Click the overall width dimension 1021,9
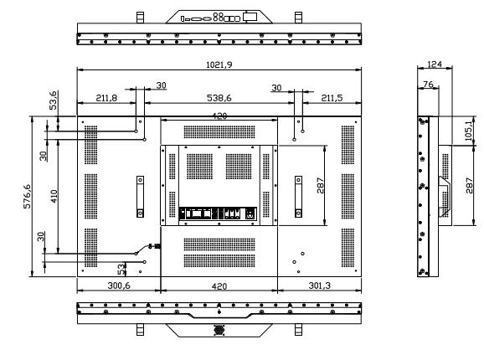point(219,64)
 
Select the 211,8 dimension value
point(106,98)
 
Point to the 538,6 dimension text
point(219,98)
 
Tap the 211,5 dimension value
point(332,98)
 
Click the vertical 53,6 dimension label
point(53,100)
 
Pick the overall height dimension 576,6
point(27,196)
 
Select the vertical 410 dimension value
point(54,196)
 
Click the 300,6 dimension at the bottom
point(119,285)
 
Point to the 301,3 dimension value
point(320,285)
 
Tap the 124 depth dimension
point(435,64)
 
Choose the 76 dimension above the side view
point(428,84)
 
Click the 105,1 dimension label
point(468,130)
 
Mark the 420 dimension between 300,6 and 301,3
point(219,286)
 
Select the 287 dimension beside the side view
point(469,185)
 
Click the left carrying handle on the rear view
point(140,197)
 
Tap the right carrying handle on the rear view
point(298,197)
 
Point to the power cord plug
point(155,246)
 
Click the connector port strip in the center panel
point(218,213)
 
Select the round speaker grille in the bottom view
point(219,330)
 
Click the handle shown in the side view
point(445,196)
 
